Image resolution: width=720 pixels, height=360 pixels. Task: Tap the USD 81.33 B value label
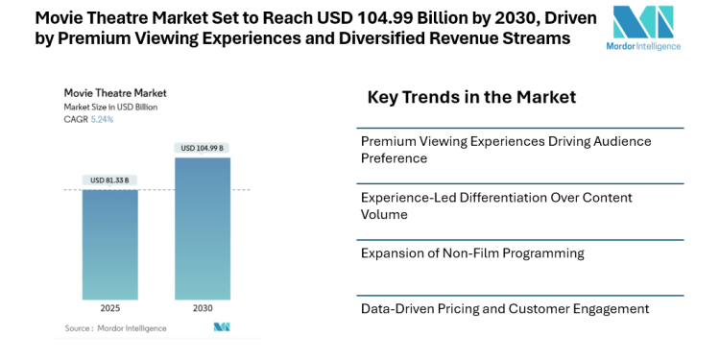[x=109, y=180]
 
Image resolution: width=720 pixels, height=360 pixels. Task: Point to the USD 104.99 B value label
[x=203, y=148]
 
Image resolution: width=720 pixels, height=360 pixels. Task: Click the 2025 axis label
[x=109, y=309]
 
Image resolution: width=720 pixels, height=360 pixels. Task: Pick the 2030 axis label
[x=203, y=309]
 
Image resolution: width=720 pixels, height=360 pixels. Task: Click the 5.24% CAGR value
[x=103, y=119]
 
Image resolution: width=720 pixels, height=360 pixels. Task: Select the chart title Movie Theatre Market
[x=115, y=93]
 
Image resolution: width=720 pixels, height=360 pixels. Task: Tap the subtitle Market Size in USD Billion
[x=111, y=107]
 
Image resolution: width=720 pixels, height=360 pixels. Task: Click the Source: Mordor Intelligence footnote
[x=115, y=328]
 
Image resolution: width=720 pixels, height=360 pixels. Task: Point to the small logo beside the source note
[x=222, y=328]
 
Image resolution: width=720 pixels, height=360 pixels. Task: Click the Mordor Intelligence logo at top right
[x=644, y=28]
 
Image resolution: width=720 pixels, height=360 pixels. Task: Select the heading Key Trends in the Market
[x=471, y=97]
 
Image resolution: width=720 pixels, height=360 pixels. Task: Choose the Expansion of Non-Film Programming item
[x=472, y=253]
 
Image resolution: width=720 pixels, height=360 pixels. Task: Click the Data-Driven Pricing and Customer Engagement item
[x=505, y=308]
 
